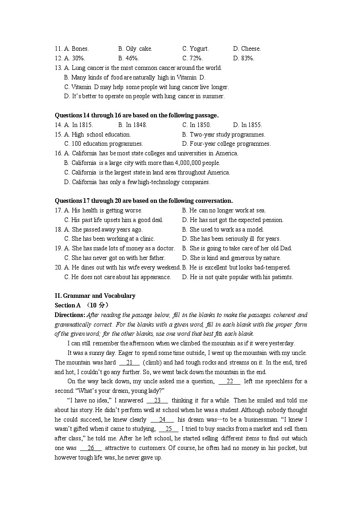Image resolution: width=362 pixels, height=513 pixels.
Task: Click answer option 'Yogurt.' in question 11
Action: pos(199,49)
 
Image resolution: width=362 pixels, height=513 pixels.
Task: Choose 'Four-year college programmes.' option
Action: pos(230,144)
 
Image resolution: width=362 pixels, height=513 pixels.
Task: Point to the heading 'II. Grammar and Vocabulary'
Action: pos(95,296)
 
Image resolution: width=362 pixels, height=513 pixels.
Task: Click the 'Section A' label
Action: pos(65,306)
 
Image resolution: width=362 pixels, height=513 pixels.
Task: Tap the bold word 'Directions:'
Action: pos(70,315)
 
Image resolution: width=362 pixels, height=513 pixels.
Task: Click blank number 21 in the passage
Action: pos(129,363)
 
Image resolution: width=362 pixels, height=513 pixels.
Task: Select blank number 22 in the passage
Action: pos(229,381)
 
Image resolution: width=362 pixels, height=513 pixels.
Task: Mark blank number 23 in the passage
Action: pos(157,401)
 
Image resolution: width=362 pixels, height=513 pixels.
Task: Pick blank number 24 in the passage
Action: pos(162,420)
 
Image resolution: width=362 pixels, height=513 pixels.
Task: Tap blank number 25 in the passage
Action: pos(169,429)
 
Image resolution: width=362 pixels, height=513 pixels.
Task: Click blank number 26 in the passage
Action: pos(91,448)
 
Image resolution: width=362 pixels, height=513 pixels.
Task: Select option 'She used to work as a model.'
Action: pos(226,230)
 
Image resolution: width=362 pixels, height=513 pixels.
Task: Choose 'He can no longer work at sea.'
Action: pos(227,211)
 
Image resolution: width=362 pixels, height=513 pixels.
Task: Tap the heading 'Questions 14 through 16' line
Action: pos(136,116)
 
